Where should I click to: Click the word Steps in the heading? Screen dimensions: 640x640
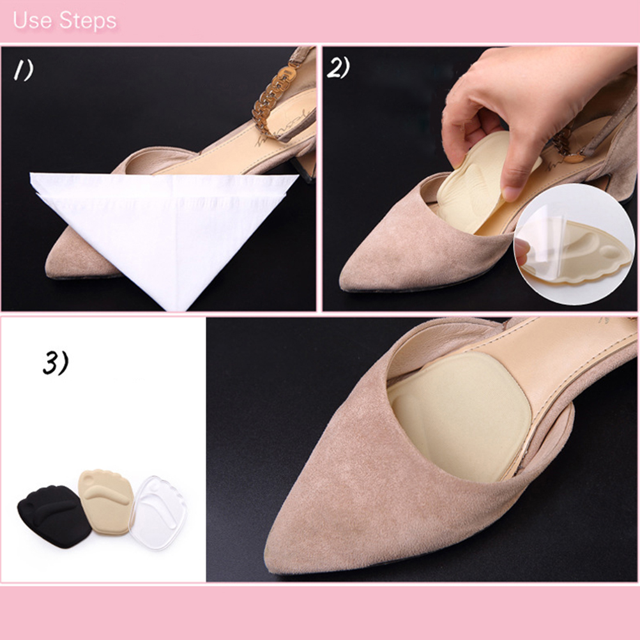click(88, 21)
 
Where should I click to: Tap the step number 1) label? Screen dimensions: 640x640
click(24, 70)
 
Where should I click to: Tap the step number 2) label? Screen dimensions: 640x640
click(339, 67)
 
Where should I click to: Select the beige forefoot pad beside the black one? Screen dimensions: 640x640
click(106, 502)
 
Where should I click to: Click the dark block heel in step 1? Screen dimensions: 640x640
click(303, 165)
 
